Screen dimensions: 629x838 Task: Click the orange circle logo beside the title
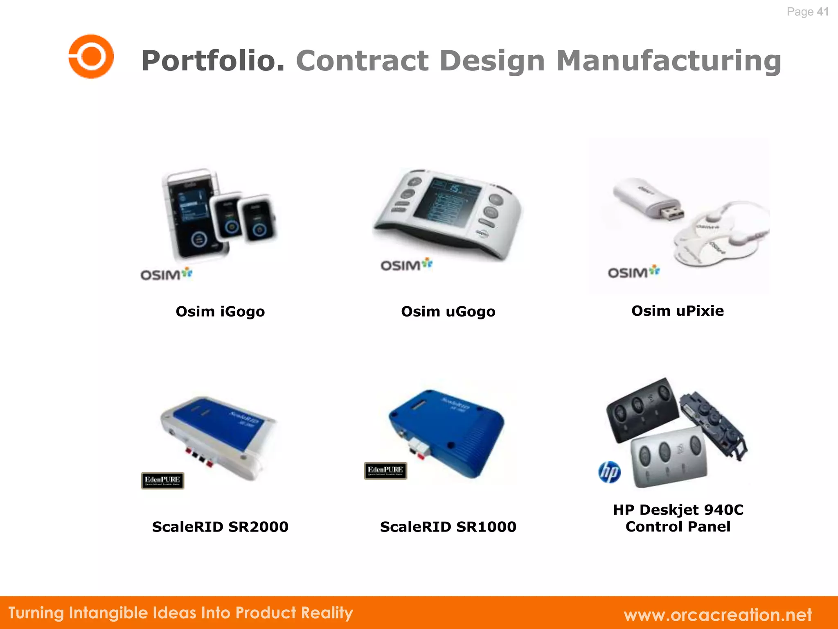coord(91,56)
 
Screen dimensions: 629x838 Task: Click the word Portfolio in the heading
coord(212,61)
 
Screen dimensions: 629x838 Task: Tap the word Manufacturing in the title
coord(669,61)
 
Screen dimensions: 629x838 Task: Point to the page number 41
coord(822,12)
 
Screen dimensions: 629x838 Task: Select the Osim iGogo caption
coord(220,312)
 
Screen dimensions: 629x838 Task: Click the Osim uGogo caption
coord(448,312)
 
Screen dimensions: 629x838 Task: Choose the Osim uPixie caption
coord(678,311)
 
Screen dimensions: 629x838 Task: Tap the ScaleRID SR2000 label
coord(220,527)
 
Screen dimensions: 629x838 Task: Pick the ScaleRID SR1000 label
coord(448,527)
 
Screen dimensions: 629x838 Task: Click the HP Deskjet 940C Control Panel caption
coord(678,518)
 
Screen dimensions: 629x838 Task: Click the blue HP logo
coord(609,472)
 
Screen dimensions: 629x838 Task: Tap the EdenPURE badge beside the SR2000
coord(162,480)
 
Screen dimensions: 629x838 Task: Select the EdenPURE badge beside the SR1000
coord(385,471)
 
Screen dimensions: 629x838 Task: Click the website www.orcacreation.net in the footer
coord(718,615)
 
